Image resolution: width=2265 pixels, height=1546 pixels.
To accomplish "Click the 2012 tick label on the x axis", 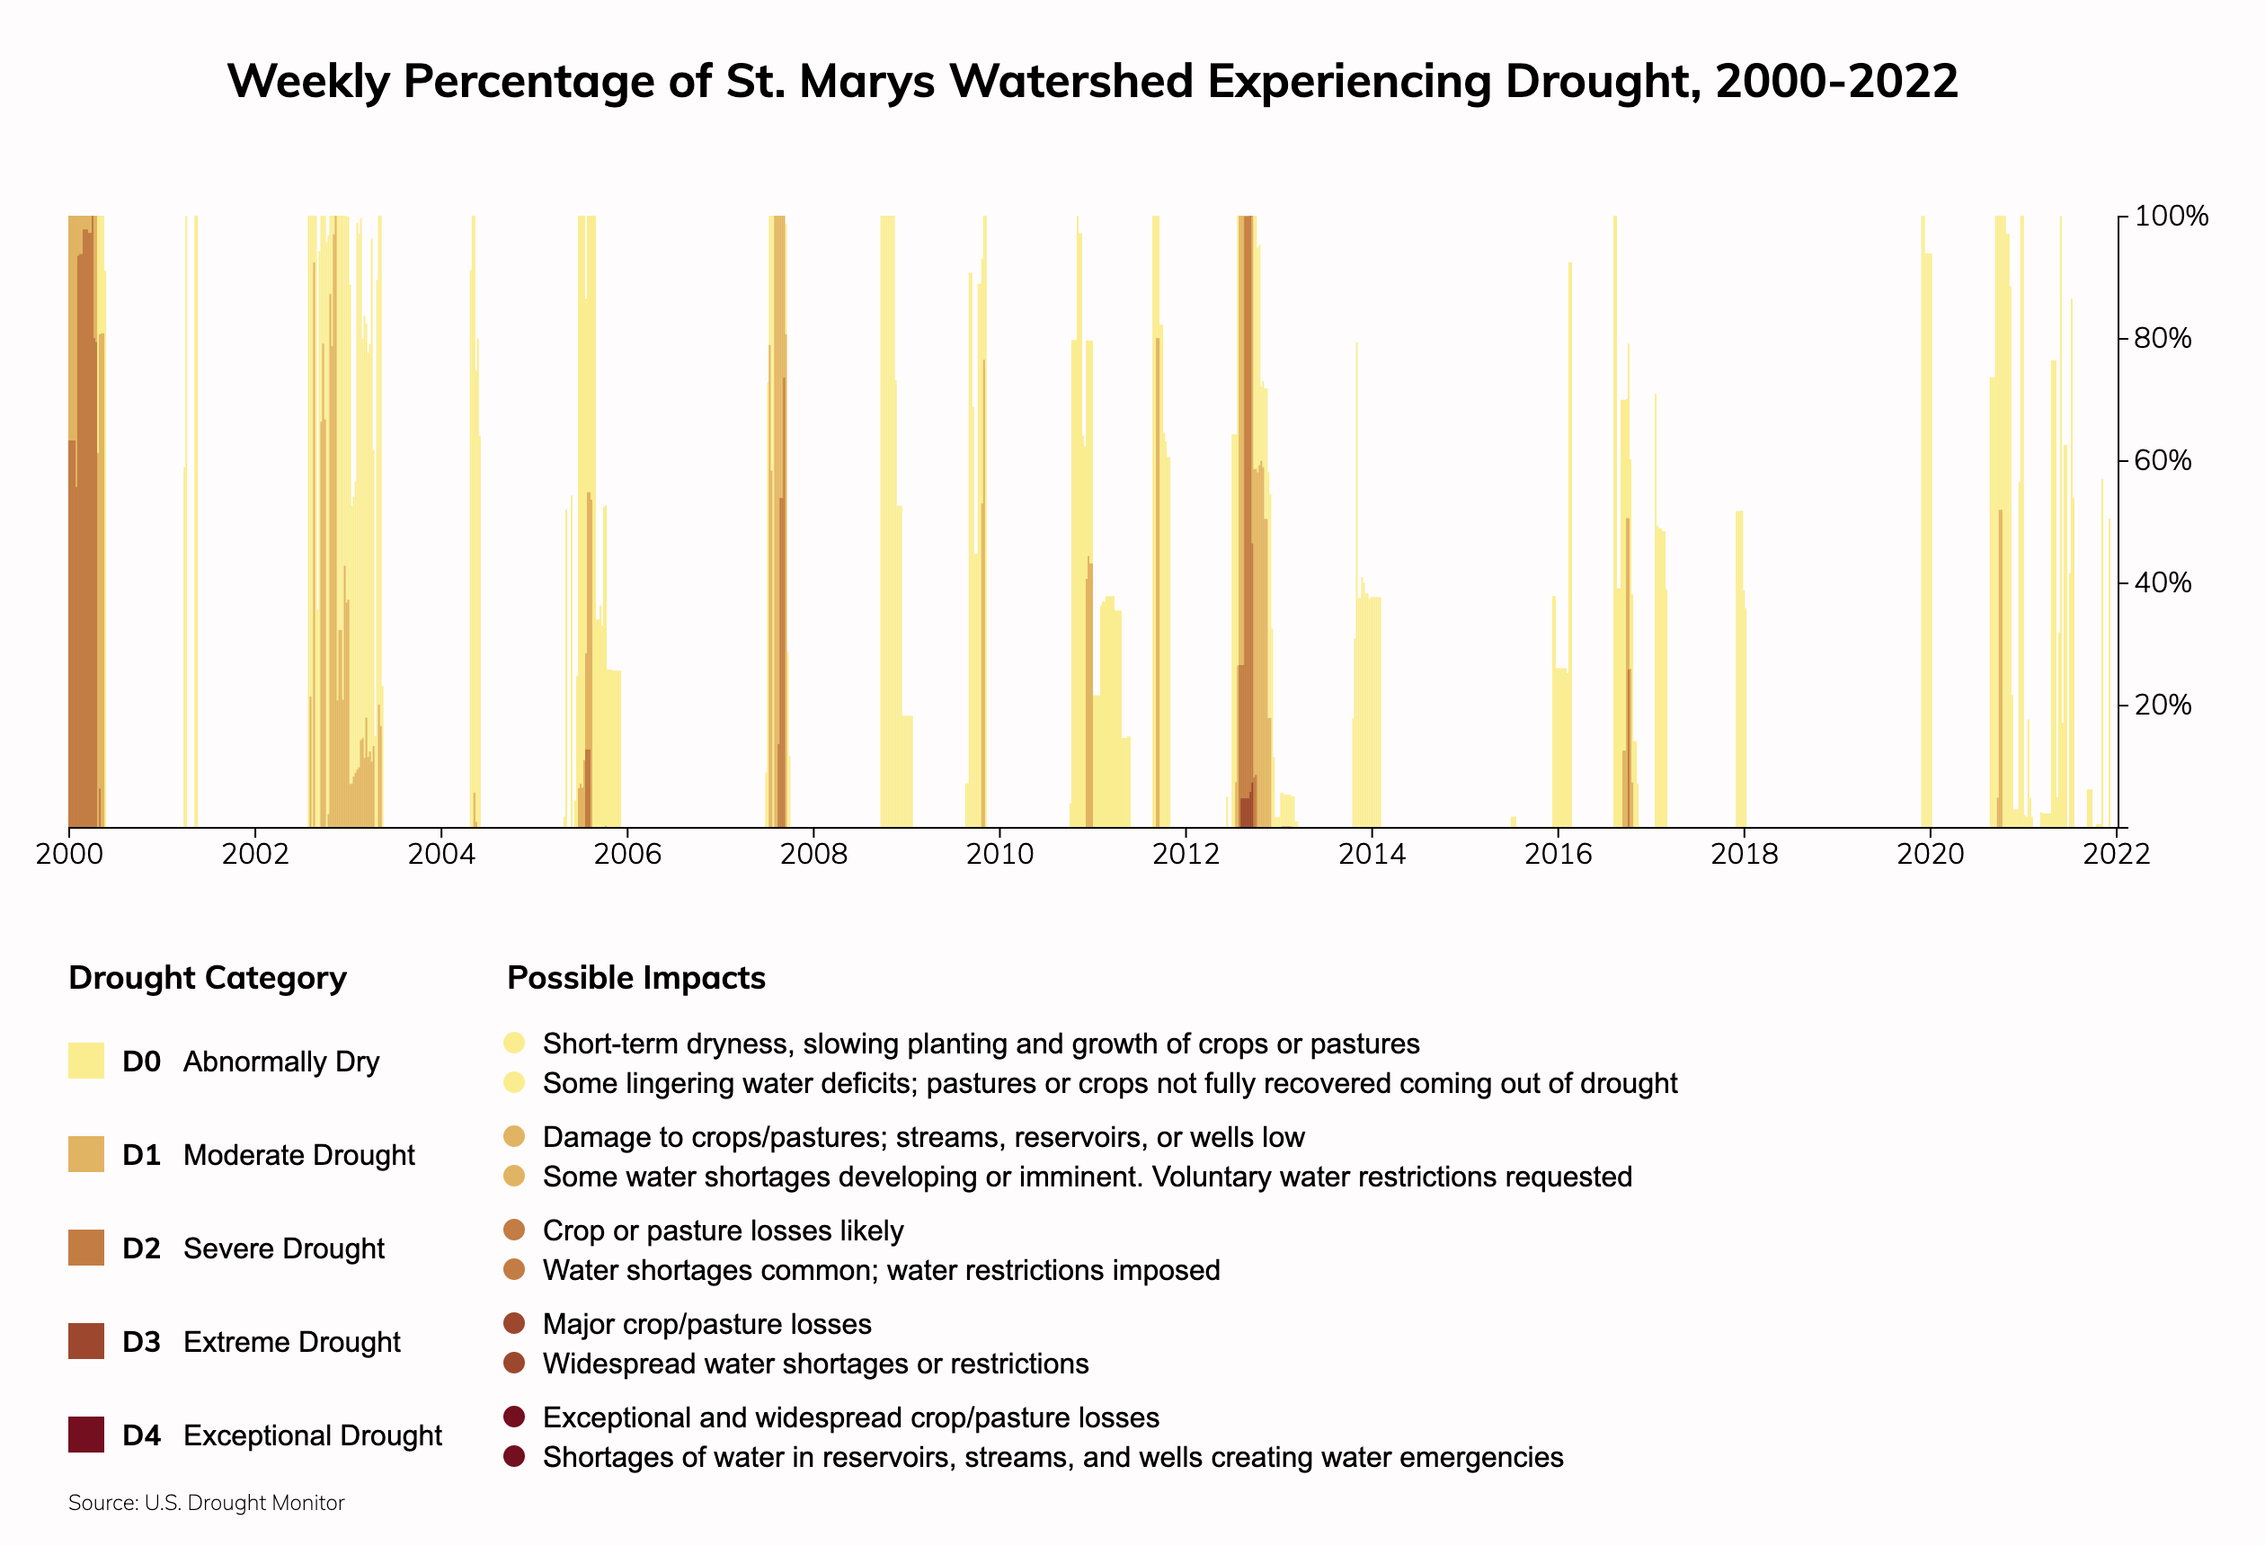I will tap(1186, 855).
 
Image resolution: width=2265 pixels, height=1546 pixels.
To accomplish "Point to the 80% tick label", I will tap(2163, 338).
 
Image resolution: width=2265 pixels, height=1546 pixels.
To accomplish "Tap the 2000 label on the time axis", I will tap(68, 855).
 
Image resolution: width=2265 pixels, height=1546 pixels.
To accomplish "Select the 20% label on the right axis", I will tap(2163, 705).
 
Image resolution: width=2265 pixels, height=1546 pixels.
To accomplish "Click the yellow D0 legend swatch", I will tap(85, 1061).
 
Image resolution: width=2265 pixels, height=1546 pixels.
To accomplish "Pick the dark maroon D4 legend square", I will tap(85, 1435).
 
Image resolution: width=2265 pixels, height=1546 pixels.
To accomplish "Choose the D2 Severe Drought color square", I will tap(85, 1248).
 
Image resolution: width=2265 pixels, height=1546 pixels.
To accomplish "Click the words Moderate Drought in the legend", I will tap(298, 1155).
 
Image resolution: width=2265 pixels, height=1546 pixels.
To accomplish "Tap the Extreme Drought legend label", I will tap(291, 1342).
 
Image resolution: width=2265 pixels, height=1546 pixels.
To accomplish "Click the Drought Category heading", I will tap(208, 978).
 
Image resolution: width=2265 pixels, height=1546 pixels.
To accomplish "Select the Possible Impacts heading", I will tap(636, 978).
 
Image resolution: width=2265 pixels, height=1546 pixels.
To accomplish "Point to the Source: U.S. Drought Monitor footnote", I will tap(207, 1503).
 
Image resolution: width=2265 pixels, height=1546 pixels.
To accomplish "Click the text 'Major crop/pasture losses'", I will tap(706, 1324).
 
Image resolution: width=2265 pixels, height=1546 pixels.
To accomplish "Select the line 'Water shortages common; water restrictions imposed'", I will tap(881, 1270).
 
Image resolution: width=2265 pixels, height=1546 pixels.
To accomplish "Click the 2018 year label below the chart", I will tap(1744, 855).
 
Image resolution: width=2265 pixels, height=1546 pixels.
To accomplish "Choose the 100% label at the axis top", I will tap(2172, 217).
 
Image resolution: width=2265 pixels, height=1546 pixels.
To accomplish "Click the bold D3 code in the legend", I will tap(141, 1342).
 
